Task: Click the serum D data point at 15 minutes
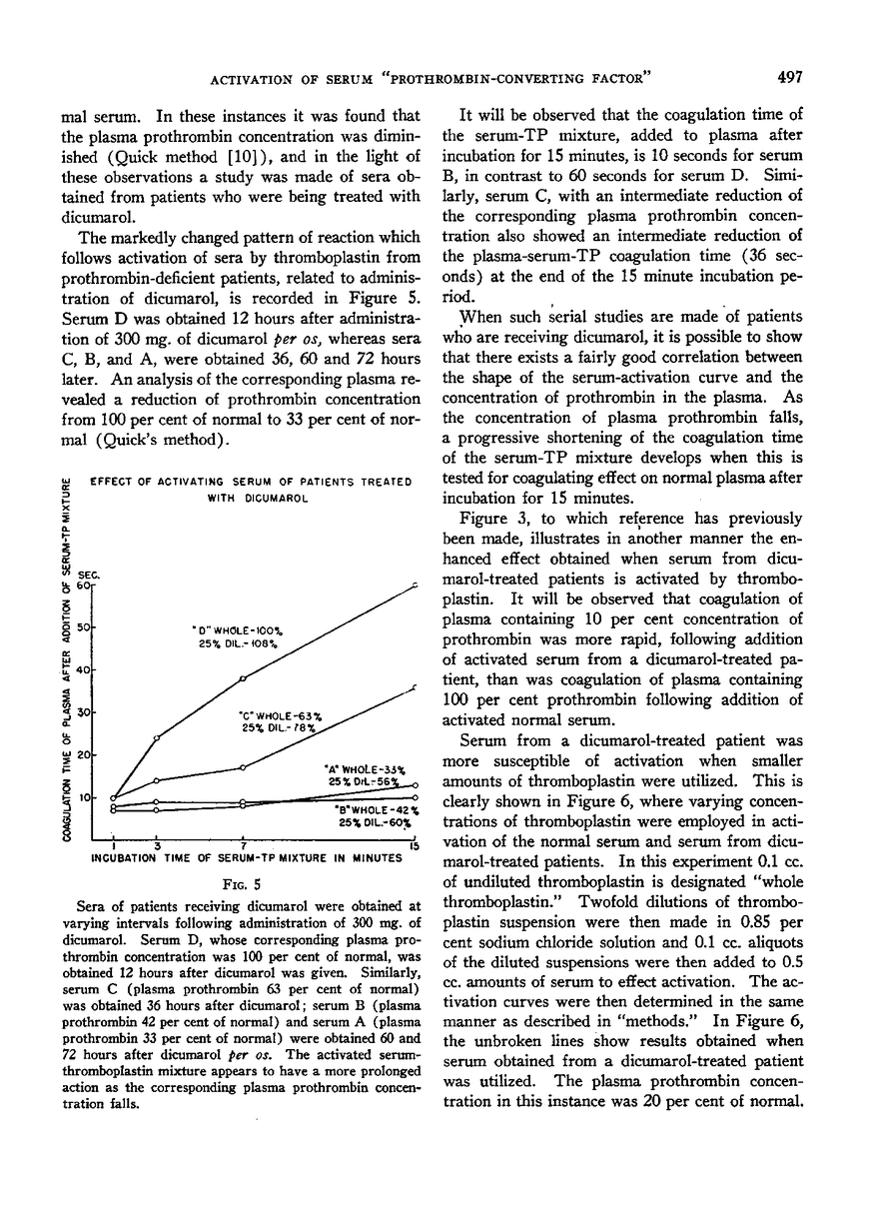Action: [x=415, y=586]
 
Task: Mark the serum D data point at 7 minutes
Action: [x=244, y=679]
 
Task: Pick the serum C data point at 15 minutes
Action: [x=415, y=688]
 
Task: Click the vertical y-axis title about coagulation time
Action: [x=67, y=659]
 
